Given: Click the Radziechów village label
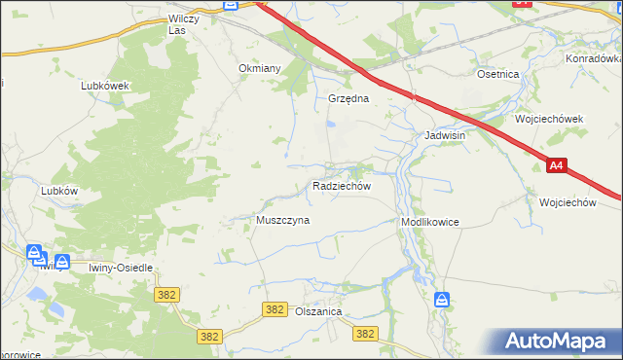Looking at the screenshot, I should (x=341, y=185).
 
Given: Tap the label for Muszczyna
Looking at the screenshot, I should (x=282, y=221).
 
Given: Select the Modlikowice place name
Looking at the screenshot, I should (x=429, y=223).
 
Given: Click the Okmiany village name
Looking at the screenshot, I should (x=260, y=69).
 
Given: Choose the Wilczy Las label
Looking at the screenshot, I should (x=190, y=24).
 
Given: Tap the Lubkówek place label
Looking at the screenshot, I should (x=106, y=86).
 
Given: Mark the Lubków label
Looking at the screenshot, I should (x=59, y=192).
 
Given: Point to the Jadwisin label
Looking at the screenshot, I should (x=445, y=136).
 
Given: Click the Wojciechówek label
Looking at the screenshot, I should (x=549, y=119).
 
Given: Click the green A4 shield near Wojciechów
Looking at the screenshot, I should (x=555, y=166).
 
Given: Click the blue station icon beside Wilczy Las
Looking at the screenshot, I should (x=230, y=5).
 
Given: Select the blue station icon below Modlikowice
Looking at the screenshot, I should (x=441, y=299).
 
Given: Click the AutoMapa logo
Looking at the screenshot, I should (x=559, y=342).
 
